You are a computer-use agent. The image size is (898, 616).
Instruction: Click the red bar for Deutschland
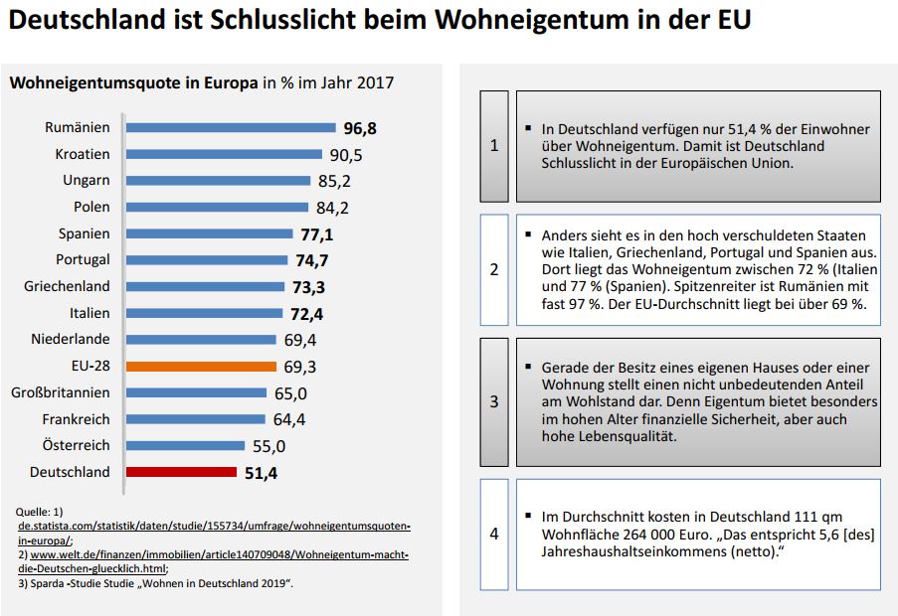coord(181,472)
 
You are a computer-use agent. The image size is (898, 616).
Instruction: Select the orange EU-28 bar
coord(198,366)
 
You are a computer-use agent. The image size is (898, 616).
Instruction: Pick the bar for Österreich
coord(188,445)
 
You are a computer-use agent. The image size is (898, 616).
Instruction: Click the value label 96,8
coord(360,128)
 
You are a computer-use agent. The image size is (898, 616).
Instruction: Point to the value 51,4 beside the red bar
coord(261,473)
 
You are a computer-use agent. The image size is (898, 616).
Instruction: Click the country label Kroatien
coord(83,154)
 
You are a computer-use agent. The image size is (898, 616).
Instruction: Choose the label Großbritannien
coord(61,392)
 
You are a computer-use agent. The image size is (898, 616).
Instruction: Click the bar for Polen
coord(218,207)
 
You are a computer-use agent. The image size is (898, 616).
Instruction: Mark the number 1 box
coord(494,146)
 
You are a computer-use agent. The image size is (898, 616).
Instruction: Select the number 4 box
coord(494,534)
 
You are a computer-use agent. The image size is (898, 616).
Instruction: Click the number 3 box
coord(494,402)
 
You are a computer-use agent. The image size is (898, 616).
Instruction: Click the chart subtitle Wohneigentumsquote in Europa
coord(133,82)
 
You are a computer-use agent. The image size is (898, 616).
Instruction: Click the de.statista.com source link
coord(214,524)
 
